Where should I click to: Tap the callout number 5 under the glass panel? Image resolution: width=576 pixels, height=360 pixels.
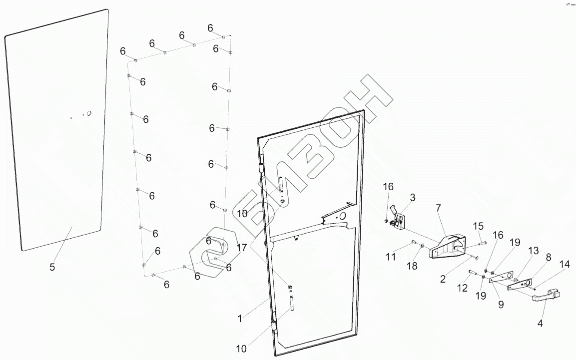coord(52,267)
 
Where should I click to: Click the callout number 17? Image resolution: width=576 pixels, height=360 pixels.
coord(242,247)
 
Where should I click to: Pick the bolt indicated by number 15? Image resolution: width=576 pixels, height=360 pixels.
coord(483,243)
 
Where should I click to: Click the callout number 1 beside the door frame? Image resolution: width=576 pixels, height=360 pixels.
coord(240,318)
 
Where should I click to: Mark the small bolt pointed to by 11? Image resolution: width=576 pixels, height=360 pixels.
coord(413,242)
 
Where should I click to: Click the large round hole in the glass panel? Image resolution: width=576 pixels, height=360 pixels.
coord(89,113)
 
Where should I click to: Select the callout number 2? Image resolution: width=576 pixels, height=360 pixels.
coord(443,279)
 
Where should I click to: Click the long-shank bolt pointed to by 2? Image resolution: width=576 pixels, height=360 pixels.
coord(474,258)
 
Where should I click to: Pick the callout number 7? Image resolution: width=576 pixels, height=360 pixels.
coord(438,207)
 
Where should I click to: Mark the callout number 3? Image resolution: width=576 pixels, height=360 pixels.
coord(412,198)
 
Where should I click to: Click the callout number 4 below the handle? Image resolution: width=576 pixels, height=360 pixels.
coord(540,323)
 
